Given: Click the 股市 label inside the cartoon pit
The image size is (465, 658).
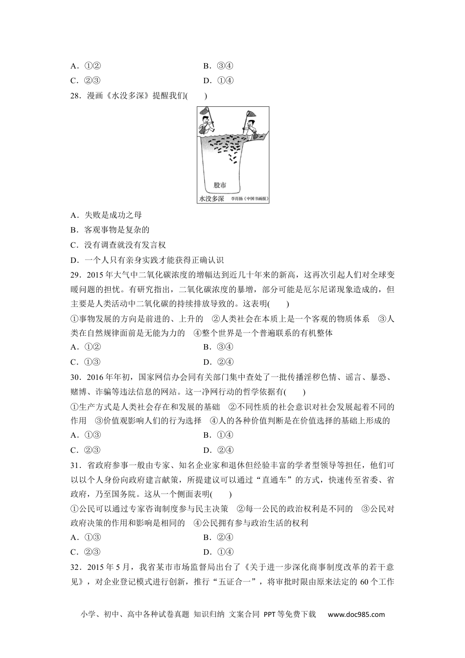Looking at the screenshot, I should [x=220, y=186].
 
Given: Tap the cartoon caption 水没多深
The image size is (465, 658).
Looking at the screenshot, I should [x=212, y=199].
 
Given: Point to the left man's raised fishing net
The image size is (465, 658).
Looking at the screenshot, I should [x=204, y=111].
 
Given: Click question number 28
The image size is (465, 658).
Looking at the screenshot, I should [x=75, y=96].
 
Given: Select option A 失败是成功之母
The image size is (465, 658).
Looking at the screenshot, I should [x=113, y=215].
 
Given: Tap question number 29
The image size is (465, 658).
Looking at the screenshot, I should [x=75, y=275].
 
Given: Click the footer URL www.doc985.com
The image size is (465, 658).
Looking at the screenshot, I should [x=356, y=615].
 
